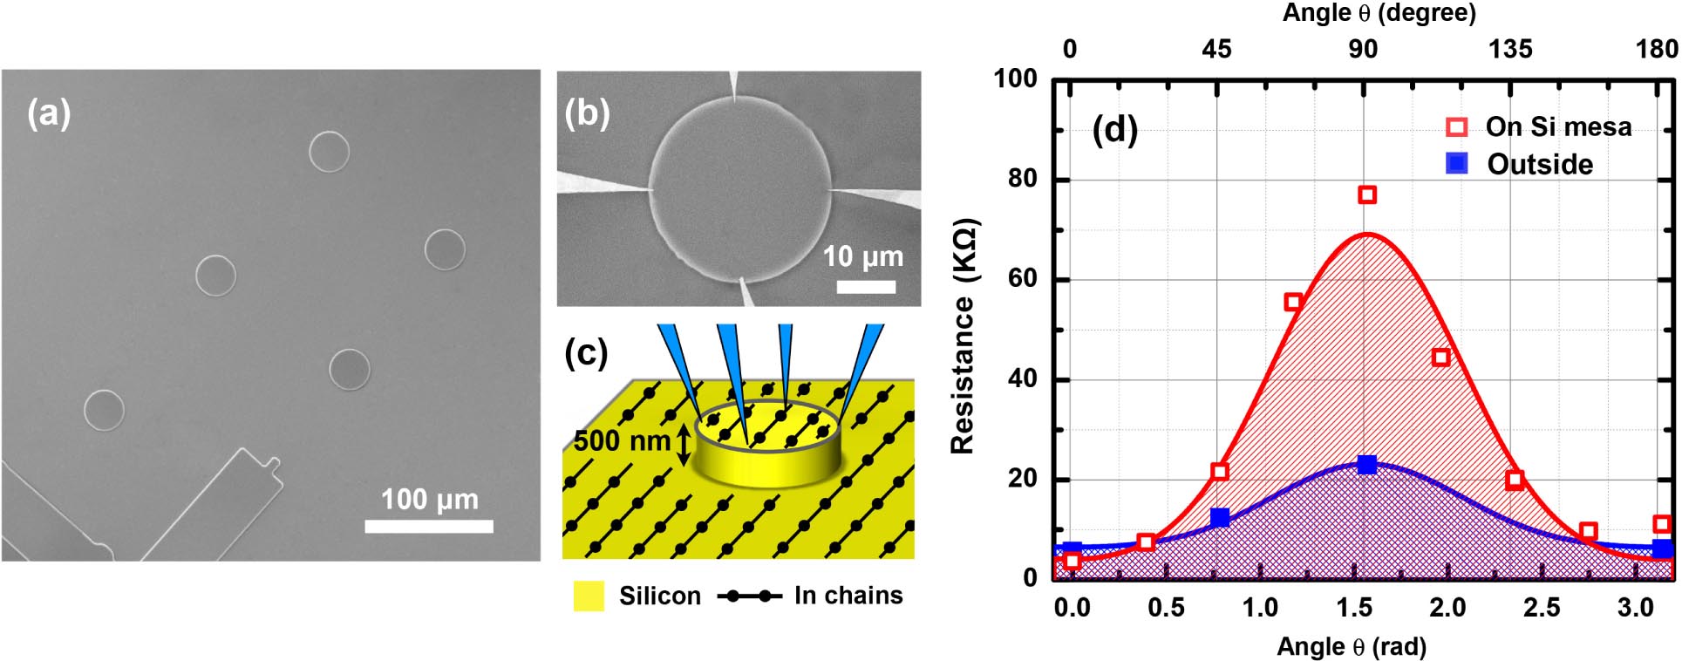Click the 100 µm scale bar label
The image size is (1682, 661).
429,499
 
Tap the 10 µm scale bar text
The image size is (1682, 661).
862,256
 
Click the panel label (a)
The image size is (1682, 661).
49,113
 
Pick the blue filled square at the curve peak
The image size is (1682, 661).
1366,464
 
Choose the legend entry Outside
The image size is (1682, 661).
1540,164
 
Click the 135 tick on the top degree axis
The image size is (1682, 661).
1510,49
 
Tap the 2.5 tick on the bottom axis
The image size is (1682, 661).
1541,608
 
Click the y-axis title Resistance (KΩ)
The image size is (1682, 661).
964,336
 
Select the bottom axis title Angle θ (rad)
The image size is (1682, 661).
1351,646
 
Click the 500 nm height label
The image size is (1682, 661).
622,441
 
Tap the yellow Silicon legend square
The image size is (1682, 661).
589,596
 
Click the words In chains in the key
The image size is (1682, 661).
848,596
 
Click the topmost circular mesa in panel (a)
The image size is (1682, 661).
329,151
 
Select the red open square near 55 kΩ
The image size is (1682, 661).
1292,302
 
